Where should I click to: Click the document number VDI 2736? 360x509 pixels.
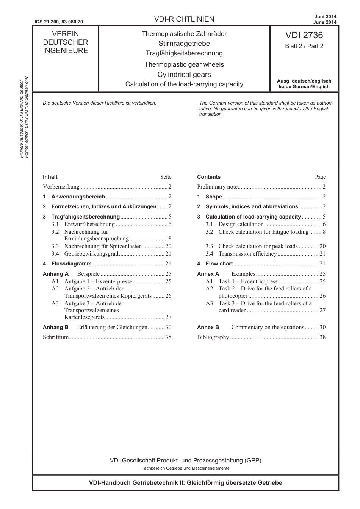(x=304, y=36)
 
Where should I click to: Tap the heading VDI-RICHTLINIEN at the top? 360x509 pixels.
(x=184, y=19)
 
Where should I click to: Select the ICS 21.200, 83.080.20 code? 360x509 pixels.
(x=58, y=22)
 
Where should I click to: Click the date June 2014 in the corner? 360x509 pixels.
(x=326, y=22)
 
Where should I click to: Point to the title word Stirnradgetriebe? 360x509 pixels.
(x=184, y=44)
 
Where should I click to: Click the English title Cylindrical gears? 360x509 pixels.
(x=184, y=75)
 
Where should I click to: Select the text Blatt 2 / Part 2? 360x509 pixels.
(x=304, y=46)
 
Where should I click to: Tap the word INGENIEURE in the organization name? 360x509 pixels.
(x=65, y=51)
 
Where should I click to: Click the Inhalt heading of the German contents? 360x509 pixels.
(x=50, y=177)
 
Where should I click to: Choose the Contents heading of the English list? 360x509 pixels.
(x=208, y=177)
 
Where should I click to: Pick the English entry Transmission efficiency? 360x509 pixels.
(x=247, y=254)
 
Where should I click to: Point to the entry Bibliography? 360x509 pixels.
(x=213, y=337)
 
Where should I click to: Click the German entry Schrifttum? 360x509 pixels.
(x=56, y=337)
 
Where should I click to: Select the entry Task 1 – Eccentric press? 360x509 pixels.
(x=248, y=281)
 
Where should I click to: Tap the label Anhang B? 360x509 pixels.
(x=55, y=327)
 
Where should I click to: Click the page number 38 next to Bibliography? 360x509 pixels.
(x=322, y=337)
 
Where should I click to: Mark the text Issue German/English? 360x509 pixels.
(x=304, y=87)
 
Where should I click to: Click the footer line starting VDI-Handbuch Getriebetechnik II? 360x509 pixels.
(x=185, y=482)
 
